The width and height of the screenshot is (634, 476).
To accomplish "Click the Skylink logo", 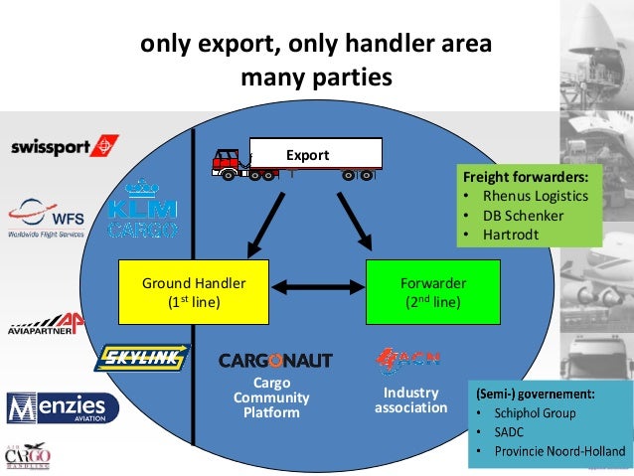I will pos(142,358).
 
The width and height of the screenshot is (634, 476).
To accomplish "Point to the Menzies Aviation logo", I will pos(62,407).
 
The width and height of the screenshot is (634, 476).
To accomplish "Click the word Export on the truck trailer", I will pos(307,155).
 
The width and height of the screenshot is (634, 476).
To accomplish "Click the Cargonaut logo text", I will pos(275,360).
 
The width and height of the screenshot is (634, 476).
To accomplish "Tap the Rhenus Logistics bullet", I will pos(538,196).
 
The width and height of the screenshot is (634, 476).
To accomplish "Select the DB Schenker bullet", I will pos(531,216).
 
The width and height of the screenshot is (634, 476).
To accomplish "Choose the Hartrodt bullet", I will pos(522,236).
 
